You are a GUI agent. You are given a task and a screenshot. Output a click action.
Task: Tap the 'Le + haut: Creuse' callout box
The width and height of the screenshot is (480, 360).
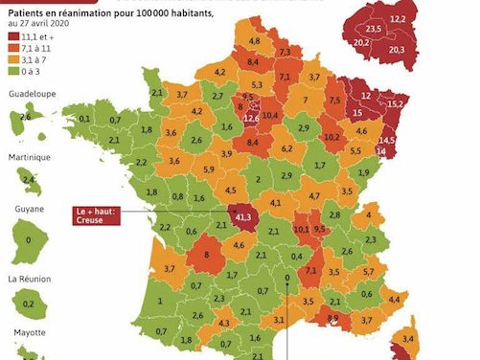(x=96, y=214)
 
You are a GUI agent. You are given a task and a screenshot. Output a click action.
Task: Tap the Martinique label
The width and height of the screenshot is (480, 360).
(x=28, y=158)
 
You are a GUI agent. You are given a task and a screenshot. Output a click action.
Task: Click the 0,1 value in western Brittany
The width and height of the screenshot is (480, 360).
(x=84, y=119)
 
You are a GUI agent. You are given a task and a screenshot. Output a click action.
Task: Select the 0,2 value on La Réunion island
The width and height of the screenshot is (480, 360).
(x=28, y=304)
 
